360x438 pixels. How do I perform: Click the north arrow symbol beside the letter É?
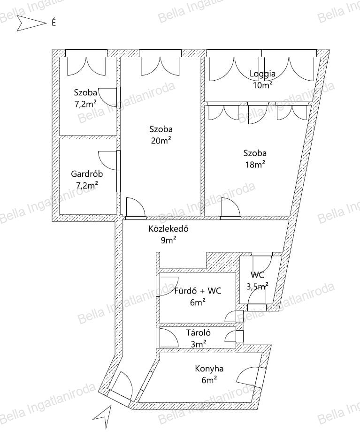[31, 23]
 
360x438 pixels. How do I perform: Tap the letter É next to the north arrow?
[54, 23]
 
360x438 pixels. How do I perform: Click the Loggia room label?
[262, 74]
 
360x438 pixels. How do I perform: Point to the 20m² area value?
[161, 141]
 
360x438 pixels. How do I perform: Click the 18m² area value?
[255, 165]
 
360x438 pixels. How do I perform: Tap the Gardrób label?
[87, 174]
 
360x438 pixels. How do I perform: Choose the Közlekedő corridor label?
[168, 229]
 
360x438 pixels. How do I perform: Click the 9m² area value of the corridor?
[168, 240]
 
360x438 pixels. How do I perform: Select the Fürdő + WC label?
[198, 291]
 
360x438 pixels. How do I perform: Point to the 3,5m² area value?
[257, 287]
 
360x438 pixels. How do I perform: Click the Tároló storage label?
[199, 332]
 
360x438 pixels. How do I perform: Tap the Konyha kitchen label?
[209, 369]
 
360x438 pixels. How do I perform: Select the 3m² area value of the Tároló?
[199, 344]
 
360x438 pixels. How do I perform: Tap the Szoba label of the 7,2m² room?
[85, 92]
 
